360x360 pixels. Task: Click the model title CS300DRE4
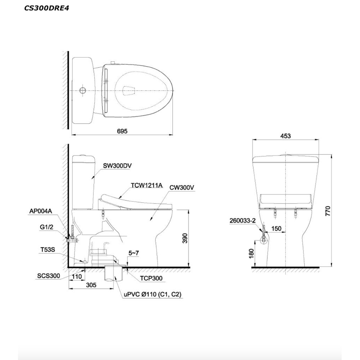click(46, 8)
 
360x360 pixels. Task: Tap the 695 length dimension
click(122, 131)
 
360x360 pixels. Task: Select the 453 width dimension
click(285, 136)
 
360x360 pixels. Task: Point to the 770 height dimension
click(328, 211)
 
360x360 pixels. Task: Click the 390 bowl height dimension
click(185, 238)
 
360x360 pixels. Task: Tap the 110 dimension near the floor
click(77, 276)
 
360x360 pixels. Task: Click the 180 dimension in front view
click(251, 253)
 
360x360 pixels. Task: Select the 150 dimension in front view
click(276, 229)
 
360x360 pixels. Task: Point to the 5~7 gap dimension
click(134, 253)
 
